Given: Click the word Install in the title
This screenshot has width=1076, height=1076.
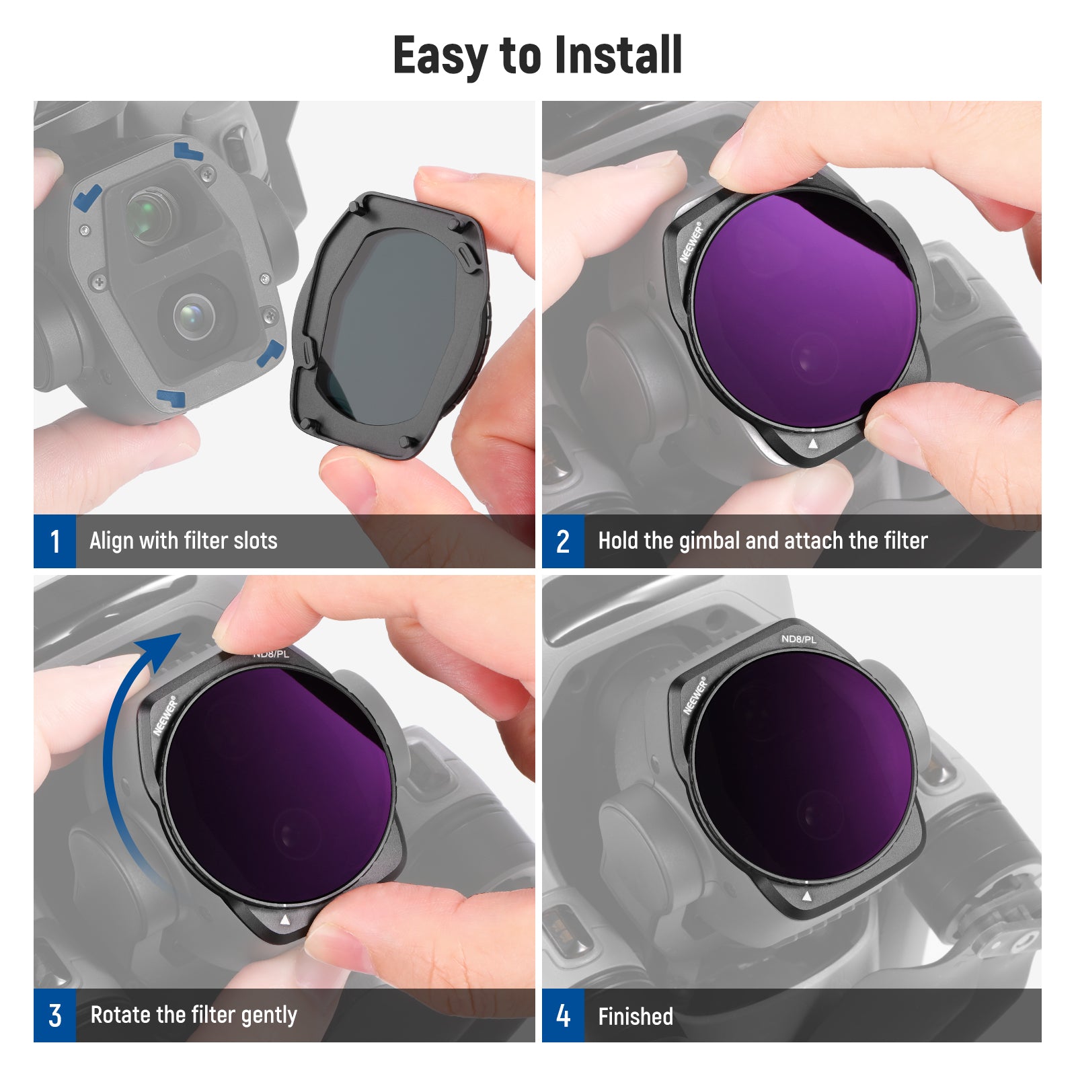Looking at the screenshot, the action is pyautogui.click(x=618, y=55).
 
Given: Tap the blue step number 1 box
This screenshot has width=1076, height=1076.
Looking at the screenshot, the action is pyautogui.click(x=54, y=541).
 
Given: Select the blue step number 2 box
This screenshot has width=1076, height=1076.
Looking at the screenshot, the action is pyautogui.click(x=563, y=541).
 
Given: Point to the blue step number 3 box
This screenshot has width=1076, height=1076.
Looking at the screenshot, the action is pyautogui.click(x=54, y=1015).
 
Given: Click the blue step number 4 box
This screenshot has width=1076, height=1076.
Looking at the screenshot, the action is pyautogui.click(x=563, y=1015).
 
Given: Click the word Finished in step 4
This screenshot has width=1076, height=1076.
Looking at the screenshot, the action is pyautogui.click(x=636, y=1016).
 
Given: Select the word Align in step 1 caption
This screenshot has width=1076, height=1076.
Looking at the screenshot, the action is pyautogui.click(x=110, y=541).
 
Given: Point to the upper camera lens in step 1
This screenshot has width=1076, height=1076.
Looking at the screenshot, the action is pyautogui.click(x=149, y=217).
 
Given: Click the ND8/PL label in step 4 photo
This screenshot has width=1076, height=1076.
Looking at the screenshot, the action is pyautogui.click(x=798, y=639).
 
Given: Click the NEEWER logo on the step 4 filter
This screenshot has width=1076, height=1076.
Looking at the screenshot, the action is pyautogui.click(x=695, y=695).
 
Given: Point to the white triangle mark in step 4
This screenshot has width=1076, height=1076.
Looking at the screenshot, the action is pyautogui.click(x=807, y=896).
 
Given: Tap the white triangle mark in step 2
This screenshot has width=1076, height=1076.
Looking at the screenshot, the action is pyautogui.click(x=813, y=443).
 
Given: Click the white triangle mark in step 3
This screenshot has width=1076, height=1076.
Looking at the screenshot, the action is pyautogui.click(x=284, y=919).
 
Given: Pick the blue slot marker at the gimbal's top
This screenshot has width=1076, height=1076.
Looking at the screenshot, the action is pyautogui.click(x=188, y=151).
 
